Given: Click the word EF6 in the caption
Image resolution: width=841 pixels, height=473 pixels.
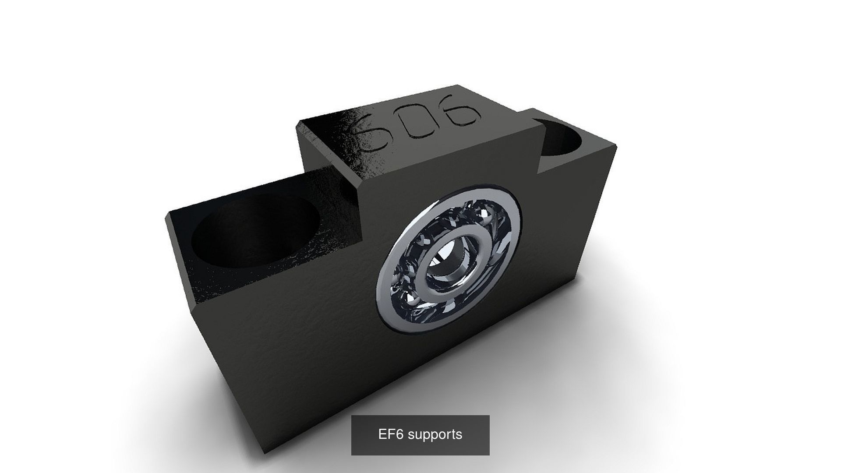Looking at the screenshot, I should tap(391, 434).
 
